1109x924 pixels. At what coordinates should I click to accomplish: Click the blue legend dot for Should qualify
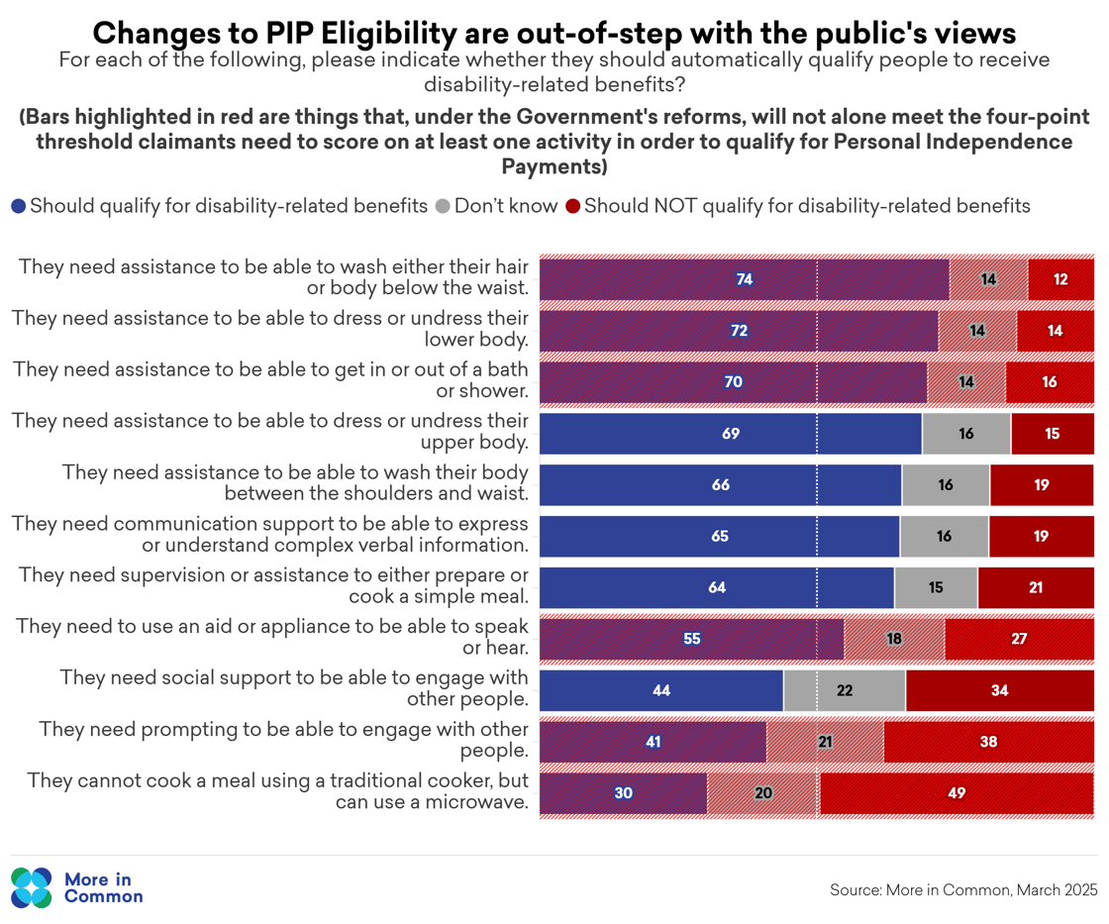19,207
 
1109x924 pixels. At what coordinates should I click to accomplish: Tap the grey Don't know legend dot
442,207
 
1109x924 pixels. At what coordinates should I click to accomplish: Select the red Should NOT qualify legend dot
572,207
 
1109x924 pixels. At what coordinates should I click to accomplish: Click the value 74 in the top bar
745,279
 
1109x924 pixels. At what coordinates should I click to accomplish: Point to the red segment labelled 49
957,793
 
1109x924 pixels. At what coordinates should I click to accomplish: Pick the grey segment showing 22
844,690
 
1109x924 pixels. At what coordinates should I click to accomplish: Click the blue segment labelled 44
661,690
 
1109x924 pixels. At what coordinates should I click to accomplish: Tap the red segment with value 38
988,742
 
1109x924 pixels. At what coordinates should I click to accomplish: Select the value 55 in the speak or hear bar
692,639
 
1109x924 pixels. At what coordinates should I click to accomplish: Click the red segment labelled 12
1060,279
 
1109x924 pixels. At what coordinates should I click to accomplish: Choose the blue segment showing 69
731,434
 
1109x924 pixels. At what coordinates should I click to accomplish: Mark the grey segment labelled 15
936,587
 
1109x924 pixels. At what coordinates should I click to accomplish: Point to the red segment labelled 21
1036,587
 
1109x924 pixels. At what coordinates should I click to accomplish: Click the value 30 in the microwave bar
624,793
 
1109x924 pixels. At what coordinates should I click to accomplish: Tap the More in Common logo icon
31,888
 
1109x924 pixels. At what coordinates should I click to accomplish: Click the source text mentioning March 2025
963,890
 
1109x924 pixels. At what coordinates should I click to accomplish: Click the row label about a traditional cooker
277,791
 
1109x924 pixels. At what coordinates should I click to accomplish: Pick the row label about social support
293,688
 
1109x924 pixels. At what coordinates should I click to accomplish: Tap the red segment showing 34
999,690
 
